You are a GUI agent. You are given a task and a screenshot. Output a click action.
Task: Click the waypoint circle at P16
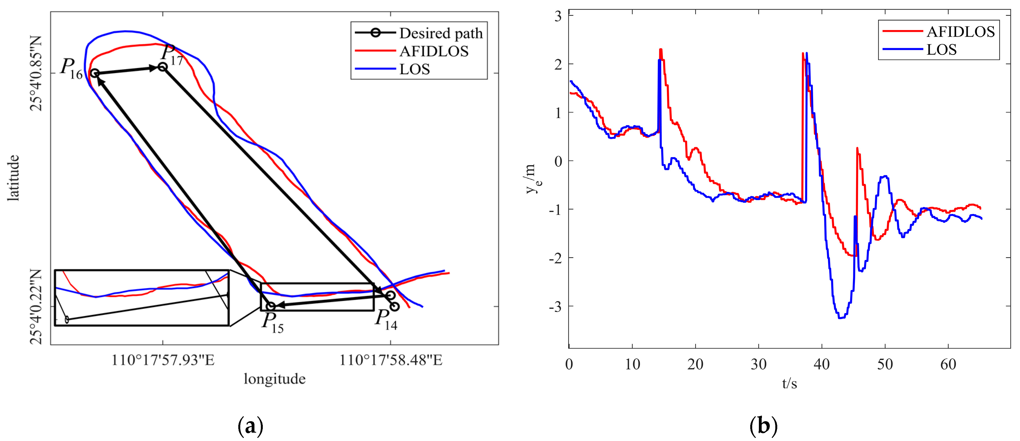pos(94,73)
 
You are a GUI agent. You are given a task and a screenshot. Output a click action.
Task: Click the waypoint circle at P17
pos(162,67)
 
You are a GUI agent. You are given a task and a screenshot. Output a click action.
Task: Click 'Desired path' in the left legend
pos(441,33)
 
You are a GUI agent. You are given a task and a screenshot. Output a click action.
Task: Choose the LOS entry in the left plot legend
pos(414,69)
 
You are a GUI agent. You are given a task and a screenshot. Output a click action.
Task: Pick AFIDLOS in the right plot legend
pos(960,32)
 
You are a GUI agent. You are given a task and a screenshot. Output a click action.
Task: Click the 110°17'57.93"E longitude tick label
pos(163,360)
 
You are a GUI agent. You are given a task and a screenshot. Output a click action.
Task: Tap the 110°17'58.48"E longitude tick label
pos(391,360)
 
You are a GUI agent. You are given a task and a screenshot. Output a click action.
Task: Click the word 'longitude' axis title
pos(274,379)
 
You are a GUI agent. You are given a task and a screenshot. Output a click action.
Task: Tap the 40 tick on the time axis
pos(822,364)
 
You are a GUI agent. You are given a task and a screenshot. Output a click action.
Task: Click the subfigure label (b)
pos(763,426)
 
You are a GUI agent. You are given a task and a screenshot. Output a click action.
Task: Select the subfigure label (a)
pos(250,426)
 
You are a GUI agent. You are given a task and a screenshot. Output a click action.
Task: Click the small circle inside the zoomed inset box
pos(67,319)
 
